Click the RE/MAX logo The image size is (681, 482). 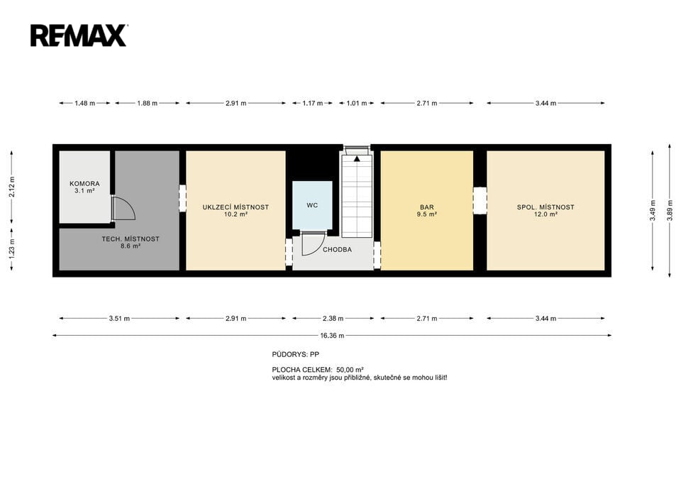[x=79, y=35]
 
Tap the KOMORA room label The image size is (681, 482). [x=84, y=184]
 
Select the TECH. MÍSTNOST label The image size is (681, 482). [x=131, y=239]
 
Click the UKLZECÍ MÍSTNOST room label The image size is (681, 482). [x=236, y=207]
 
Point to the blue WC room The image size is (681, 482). [x=312, y=205]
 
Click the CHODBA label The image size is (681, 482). [x=337, y=250]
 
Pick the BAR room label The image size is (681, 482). [x=426, y=207]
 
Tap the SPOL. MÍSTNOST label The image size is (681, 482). [x=546, y=207]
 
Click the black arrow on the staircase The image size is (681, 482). [x=357, y=158]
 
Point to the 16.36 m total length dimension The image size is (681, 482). [x=332, y=336]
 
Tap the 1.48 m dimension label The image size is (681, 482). [x=84, y=104]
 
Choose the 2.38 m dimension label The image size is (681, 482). [x=333, y=319]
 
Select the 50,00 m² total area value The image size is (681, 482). [x=350, y=370]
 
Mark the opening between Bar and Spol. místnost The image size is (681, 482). [x=480, y=200]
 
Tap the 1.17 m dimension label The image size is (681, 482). [x=312, y=104]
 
